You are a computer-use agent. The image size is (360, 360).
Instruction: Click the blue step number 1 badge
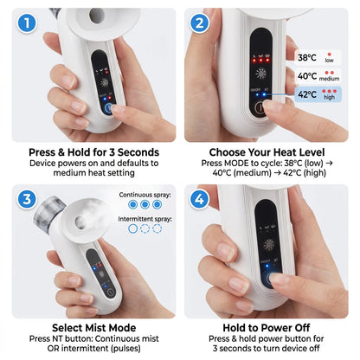27,23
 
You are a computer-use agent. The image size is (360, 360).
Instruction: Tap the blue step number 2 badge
199,23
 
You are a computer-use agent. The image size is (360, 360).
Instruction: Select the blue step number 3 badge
27,199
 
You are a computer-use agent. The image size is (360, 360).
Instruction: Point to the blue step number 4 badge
199,199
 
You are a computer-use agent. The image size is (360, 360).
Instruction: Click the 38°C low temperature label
318,57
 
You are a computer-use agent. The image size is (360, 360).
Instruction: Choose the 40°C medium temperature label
318,76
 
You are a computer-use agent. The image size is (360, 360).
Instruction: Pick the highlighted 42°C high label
318,94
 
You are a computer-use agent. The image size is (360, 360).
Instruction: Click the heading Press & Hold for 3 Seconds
93,152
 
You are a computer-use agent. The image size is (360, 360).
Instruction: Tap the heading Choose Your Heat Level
267,152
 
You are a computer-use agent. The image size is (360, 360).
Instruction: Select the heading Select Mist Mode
93,328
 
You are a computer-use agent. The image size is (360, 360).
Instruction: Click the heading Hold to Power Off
267,328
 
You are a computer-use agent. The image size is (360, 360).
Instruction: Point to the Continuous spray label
145,195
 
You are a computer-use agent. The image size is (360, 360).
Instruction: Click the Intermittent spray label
145,219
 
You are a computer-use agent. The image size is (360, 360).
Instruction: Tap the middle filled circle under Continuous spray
145,204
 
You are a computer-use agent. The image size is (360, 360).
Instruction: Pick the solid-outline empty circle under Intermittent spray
132,228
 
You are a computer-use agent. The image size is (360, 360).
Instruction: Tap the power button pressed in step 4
271,279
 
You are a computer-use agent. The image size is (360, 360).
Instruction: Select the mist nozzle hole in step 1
96,16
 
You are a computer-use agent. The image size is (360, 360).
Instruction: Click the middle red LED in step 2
260,61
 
